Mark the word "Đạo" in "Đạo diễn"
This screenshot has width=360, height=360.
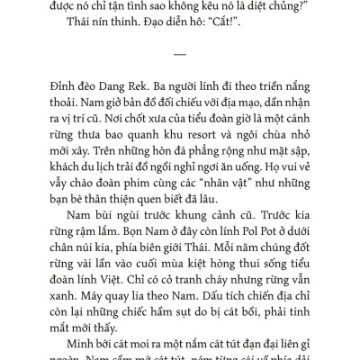[x=146, y=29]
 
